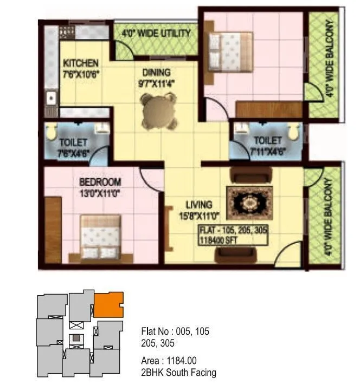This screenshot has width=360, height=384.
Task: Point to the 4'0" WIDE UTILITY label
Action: click(156, 34)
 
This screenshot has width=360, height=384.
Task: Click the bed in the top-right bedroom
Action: click(230, 49)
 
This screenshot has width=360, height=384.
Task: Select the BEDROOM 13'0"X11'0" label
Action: click(100, 187)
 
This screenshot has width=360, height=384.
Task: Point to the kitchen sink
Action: click(52, 99)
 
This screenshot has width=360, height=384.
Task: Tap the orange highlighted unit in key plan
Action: click(108, 304)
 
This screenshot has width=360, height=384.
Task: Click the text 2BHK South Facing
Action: click(178, 372)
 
